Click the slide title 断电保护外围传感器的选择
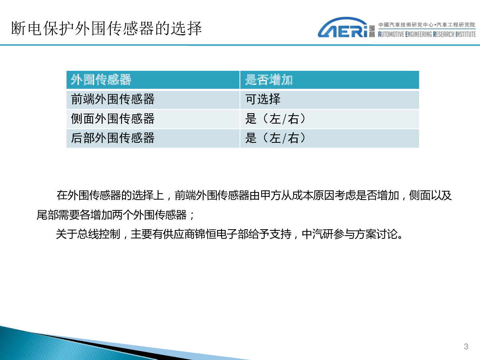(106, 28)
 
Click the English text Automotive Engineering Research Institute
(427, 34)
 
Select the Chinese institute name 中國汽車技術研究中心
(406, 25)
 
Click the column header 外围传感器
(101, 80)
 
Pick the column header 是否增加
(269, 80)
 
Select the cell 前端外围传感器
(113, 99)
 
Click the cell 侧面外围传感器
(113, 119)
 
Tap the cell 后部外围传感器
(113, 138)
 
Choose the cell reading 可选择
(263, 99)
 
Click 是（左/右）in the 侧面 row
(275, 119)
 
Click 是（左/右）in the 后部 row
(275, 138)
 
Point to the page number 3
(466, 346)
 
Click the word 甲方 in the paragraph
(270, 195)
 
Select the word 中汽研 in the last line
(318, 234)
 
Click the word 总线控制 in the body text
(99, 234)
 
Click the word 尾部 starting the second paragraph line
(47, 215)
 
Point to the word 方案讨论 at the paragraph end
(376, 234)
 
